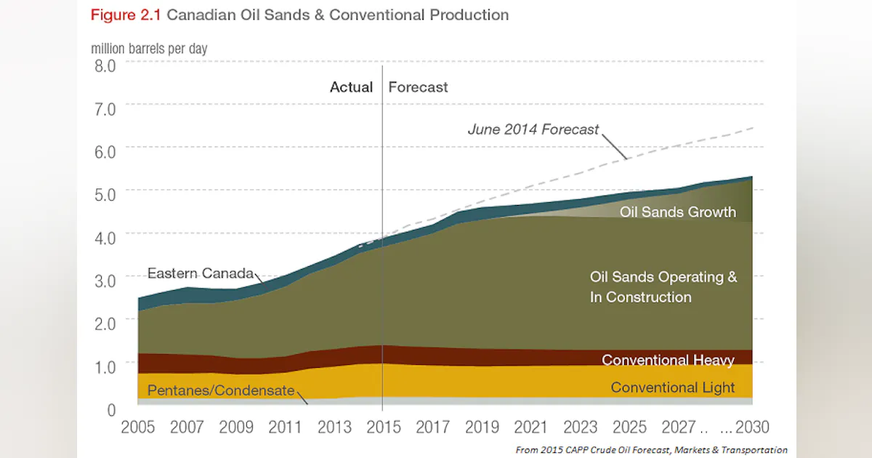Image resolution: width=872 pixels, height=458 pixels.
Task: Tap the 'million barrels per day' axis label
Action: point(149,49)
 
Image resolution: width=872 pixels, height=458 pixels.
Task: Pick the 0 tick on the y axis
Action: point(111,410)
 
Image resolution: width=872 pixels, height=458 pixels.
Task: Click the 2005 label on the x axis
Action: point(137,427)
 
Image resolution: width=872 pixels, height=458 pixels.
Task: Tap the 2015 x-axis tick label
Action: point(384,427)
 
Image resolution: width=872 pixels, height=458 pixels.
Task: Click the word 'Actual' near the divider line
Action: point(351,87)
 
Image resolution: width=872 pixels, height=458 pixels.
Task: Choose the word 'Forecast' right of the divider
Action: point(418,87)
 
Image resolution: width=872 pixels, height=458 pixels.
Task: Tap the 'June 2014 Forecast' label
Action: point(533,130)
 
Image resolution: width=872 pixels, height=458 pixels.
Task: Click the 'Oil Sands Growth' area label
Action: point(677,212)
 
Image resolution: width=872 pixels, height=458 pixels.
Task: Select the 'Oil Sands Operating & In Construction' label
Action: point(663,287)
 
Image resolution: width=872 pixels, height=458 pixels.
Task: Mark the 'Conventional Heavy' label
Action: point(668,361)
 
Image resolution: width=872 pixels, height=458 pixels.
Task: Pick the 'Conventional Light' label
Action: point(672,387)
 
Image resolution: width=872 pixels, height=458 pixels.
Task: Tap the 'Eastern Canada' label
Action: point(201,274)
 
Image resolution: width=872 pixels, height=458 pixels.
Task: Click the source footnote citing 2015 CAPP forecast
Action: point(651,450)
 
